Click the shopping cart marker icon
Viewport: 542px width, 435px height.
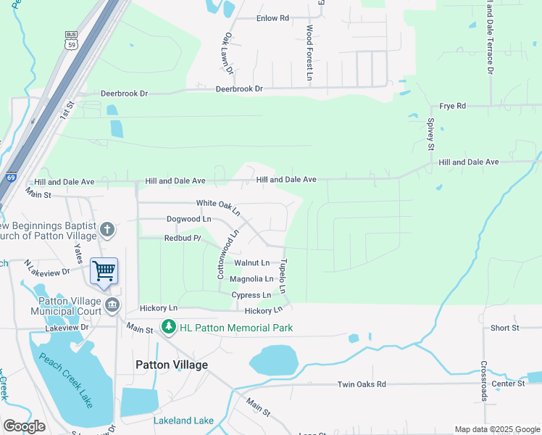pos(104,271)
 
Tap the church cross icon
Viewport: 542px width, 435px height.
pos(107,230)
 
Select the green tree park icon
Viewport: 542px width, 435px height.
pos(169,328)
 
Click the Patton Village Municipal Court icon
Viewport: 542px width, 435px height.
pos(112,304)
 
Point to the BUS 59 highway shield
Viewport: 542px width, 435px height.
pos(71,40)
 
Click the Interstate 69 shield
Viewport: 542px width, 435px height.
pos(10,177)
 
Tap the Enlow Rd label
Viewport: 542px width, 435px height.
pos(272,18)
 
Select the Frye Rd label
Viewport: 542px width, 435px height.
pos(451,106)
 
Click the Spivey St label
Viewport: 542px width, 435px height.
pos(430,135)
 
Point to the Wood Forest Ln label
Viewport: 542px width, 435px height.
pos(309,45)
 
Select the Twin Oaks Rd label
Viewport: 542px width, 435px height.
pos(362,384)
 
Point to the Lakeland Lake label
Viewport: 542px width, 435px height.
pos(183,420)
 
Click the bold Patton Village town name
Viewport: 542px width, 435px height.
pos(172,365)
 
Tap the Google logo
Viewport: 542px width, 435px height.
pos(24,426)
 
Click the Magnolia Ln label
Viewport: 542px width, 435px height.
pos(251,279)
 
